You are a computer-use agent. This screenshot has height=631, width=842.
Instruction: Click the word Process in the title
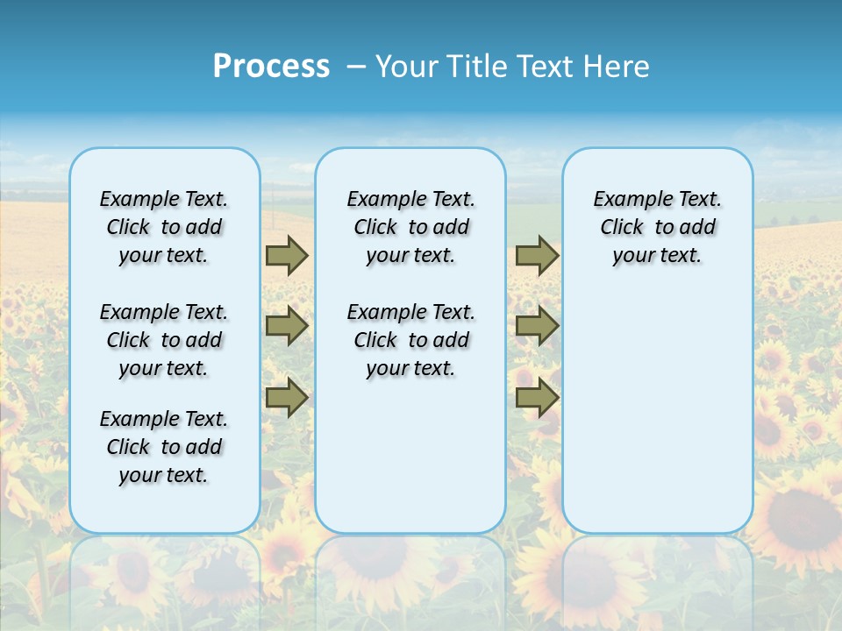[271, 67]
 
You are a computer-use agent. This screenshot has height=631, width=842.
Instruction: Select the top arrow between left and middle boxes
[286, 255]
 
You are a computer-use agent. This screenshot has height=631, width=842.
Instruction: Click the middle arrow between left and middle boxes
[286, 326]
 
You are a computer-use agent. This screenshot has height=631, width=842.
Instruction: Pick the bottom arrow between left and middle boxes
[286, 398]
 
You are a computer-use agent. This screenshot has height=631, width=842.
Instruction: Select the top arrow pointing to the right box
[537, 255]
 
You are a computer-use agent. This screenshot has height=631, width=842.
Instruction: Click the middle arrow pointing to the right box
[537, 326]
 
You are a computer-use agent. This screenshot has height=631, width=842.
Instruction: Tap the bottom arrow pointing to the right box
[537, 398]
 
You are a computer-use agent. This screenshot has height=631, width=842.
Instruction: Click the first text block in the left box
[164, 227]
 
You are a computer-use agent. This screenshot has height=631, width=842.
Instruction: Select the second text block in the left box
[164, 340]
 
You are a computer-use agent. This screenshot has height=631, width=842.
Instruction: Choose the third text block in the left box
[164, 447]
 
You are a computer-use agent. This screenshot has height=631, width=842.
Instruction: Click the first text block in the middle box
[411, 227]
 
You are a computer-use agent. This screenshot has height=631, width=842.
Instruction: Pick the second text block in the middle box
[411, 340]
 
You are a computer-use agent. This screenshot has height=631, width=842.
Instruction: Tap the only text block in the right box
[658, 227]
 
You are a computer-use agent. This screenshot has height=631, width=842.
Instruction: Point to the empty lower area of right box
[658, 412]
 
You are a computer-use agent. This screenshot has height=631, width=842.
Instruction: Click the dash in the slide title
[356, 67]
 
